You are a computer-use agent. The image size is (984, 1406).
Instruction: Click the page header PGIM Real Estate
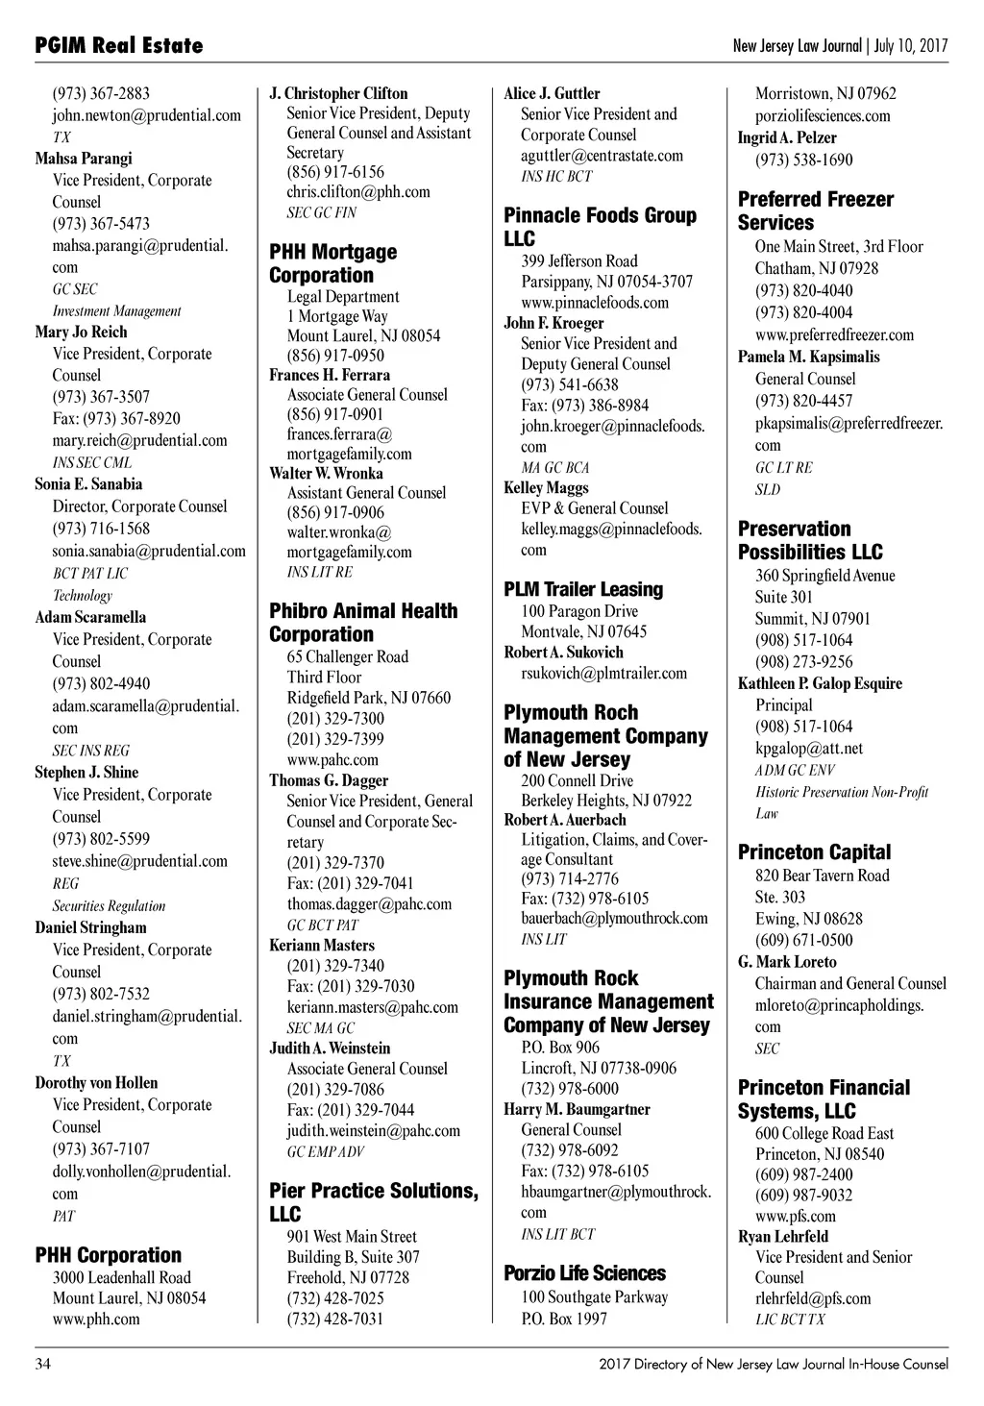click(118, 45)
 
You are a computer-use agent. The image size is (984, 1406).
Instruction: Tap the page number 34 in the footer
click(43, 1364)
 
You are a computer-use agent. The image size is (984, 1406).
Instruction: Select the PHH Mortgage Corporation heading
click(332, 263)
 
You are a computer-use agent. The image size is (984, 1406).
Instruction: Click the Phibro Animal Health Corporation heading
click(363, 623)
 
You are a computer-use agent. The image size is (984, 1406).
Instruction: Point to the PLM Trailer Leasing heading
click(583, 589)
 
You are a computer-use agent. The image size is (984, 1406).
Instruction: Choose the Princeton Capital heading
click(814, 852)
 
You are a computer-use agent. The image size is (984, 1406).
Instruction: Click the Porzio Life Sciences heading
click(584, 1273)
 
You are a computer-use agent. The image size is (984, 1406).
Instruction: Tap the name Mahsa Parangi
click(84, 159)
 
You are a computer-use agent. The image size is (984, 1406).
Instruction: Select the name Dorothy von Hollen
click(96, 1083)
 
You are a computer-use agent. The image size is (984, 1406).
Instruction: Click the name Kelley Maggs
click(546, 488)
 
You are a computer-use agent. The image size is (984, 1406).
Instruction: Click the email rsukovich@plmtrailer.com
click(603, 674)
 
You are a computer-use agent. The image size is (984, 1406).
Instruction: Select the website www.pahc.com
click(332, 760)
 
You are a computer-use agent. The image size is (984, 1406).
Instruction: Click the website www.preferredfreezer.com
click(834, 335)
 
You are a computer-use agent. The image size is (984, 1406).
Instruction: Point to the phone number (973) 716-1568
click(101, 529)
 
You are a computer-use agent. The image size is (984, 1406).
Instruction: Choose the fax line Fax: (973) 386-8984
click(584, 406)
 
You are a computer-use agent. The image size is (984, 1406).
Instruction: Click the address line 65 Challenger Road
click(347, 657)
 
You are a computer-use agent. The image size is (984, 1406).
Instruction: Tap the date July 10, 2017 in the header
click(911, 46)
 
